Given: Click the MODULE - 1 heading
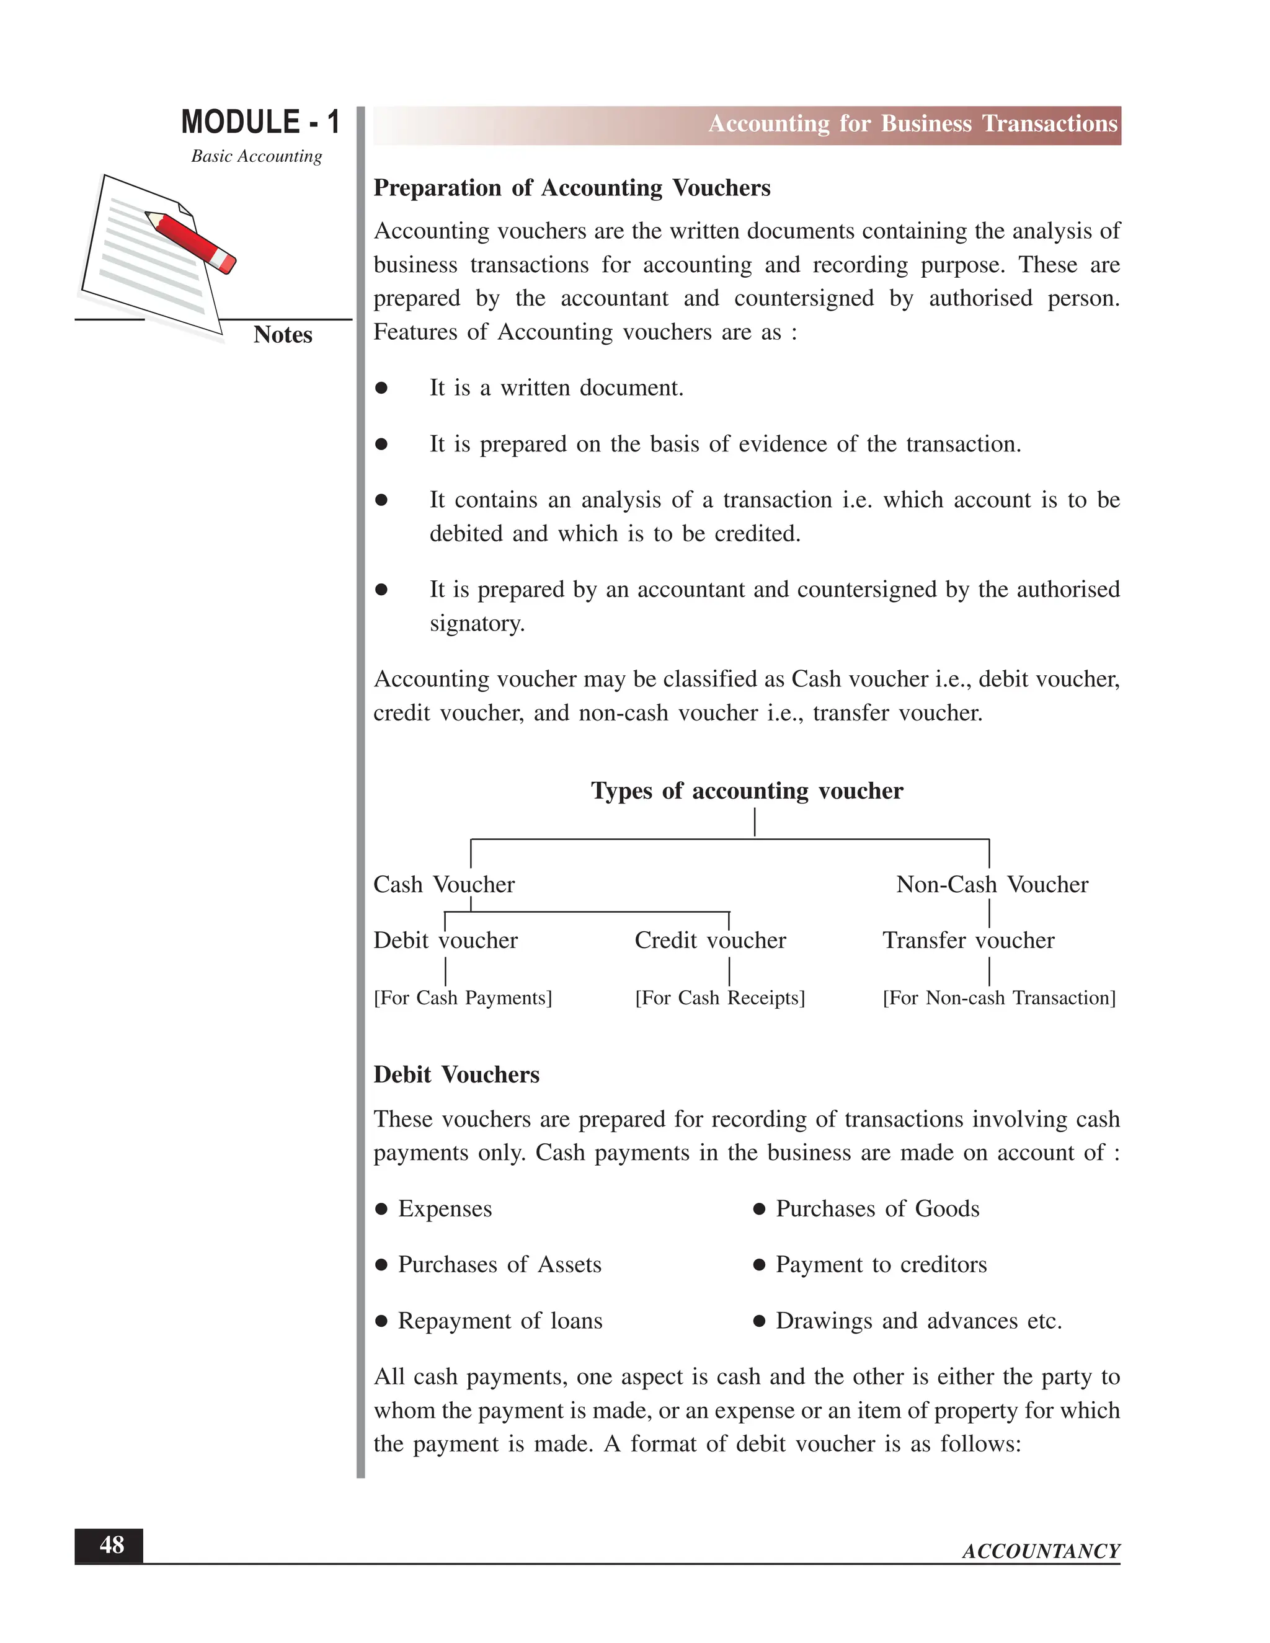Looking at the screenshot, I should (x=260, y=122).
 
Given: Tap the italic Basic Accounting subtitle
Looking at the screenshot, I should (x=256, y=156).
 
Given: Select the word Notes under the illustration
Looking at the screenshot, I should (x=282, y=335).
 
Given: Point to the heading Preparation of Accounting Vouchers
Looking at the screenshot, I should (x=572, y=187).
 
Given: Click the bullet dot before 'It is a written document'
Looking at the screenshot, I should (x=381, y=388).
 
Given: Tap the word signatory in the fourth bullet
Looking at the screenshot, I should (x=477, y=623).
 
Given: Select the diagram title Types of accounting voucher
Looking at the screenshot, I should (x=747, y=790).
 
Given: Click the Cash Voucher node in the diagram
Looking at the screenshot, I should (x=444, y=884).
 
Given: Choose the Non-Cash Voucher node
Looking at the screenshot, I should (x=992, y=884).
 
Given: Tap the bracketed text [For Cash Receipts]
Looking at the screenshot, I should (x=719, y=998).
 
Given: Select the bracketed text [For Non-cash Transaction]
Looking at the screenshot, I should (x=998, y=998).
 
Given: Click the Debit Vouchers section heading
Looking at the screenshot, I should (x=456, y=1074).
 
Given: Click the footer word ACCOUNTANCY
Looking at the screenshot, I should (x=1041, y=1551).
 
